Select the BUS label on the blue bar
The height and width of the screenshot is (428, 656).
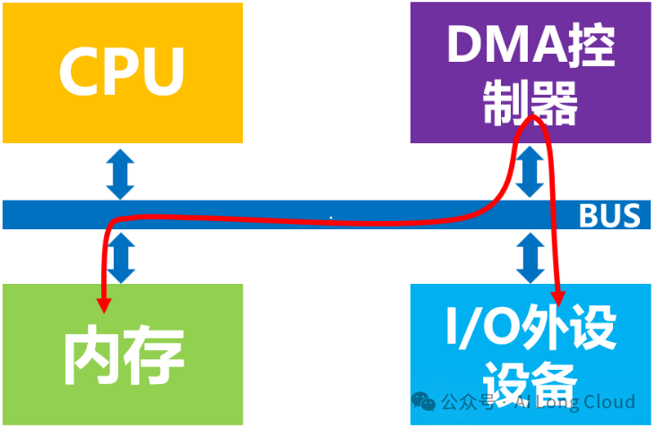(x=609, y=216)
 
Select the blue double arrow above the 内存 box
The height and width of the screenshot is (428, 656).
(x=120, y=258)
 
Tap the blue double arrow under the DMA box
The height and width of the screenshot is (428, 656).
(x=531, y=171)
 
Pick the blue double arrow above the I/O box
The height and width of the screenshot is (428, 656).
(x=531, y=257)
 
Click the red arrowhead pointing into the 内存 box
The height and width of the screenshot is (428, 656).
(x=105, y=304)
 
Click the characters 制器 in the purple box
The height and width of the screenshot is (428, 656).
(x=531, y=106)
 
